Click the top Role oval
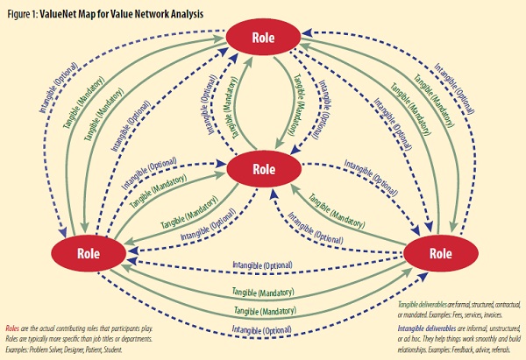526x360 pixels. (x=263, y=39)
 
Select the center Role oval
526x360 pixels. (x=263, y=167)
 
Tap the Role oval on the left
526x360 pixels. (x=88, y=252)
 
